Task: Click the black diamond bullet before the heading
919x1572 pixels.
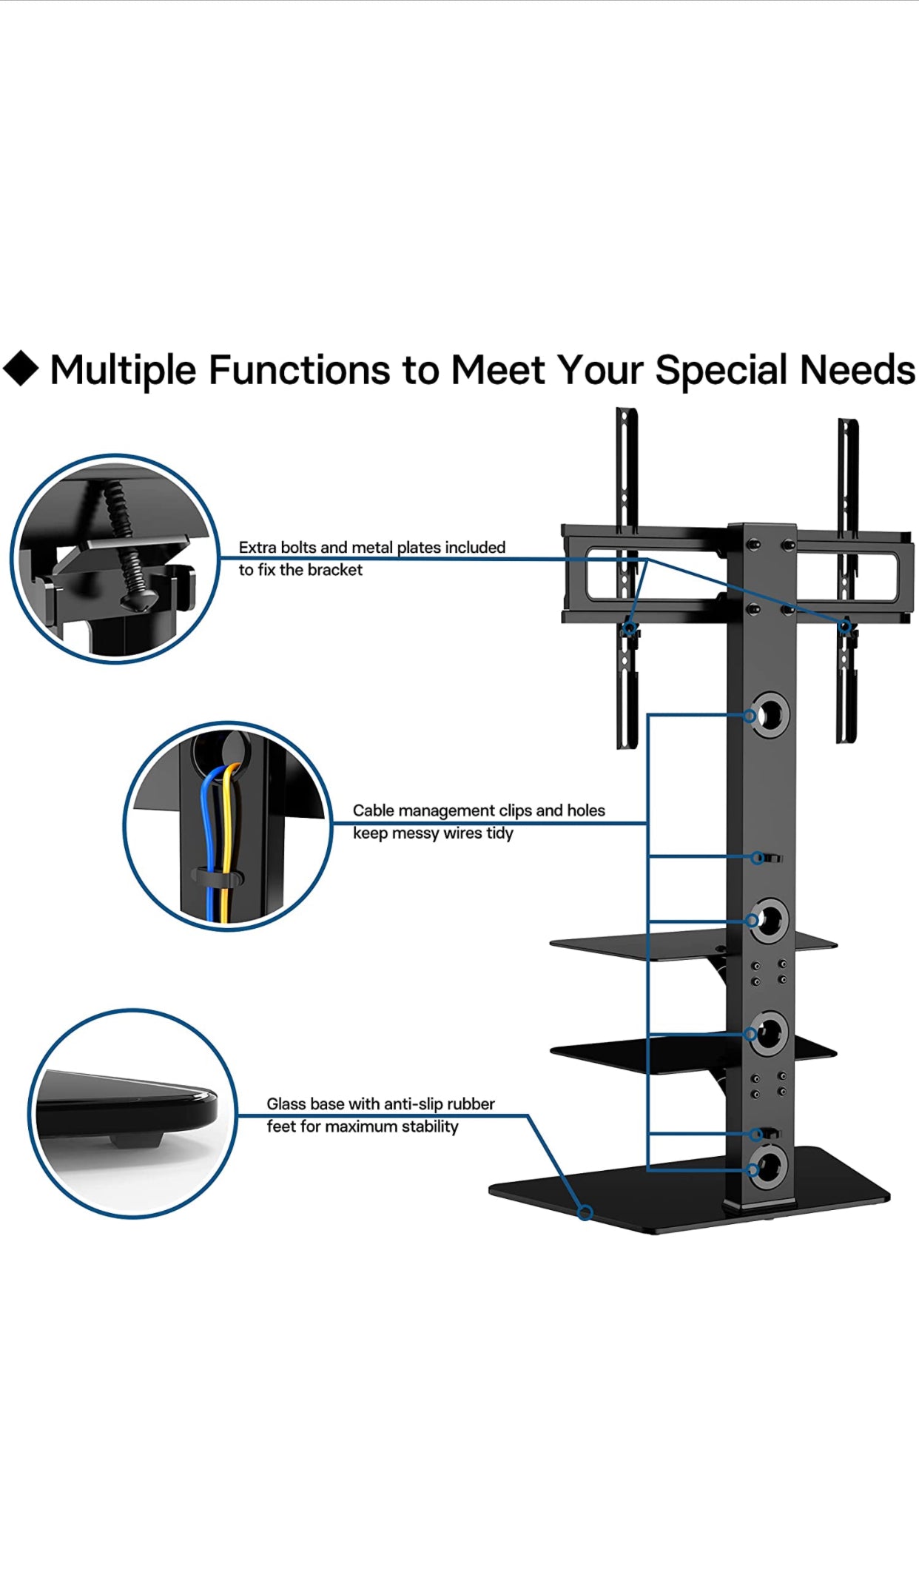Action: (x=21, y=368)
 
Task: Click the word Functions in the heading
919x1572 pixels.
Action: (x=299, y=369)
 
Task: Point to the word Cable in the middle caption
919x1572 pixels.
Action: (x=373, y=810)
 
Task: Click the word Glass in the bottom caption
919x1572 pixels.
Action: (x=286, y=1104)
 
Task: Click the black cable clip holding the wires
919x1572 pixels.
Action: (x=218, y=878)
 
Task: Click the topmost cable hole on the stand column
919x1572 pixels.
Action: (x=769, y=715)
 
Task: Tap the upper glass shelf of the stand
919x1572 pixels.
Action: (x=693, y=944)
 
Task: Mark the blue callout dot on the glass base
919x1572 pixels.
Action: (x=585, y=1212)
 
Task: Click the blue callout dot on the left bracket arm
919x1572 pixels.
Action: (x=630, y=629)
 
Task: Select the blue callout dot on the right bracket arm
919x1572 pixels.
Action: (x=844, y=627)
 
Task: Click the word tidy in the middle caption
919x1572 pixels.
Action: (x=499, y=833)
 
